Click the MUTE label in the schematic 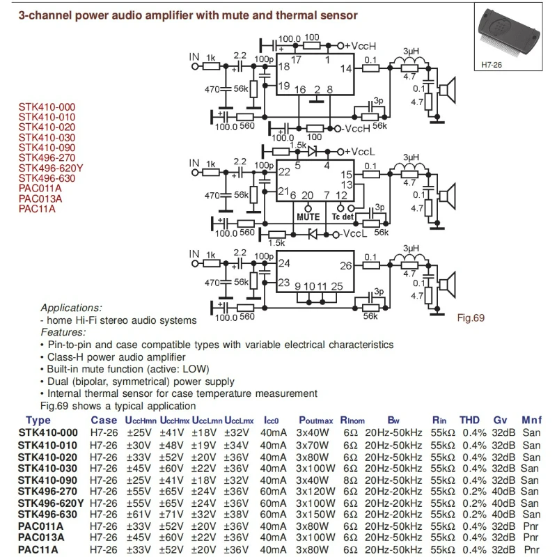[308, 217]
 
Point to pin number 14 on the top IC [346, 68]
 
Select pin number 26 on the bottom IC [346, 265]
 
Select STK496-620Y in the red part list [51, 168]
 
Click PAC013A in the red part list [40, 198]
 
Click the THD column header [471, 420]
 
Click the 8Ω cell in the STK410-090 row [350, 480]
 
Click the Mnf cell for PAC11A [531, 550]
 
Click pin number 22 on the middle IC [284, 172]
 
